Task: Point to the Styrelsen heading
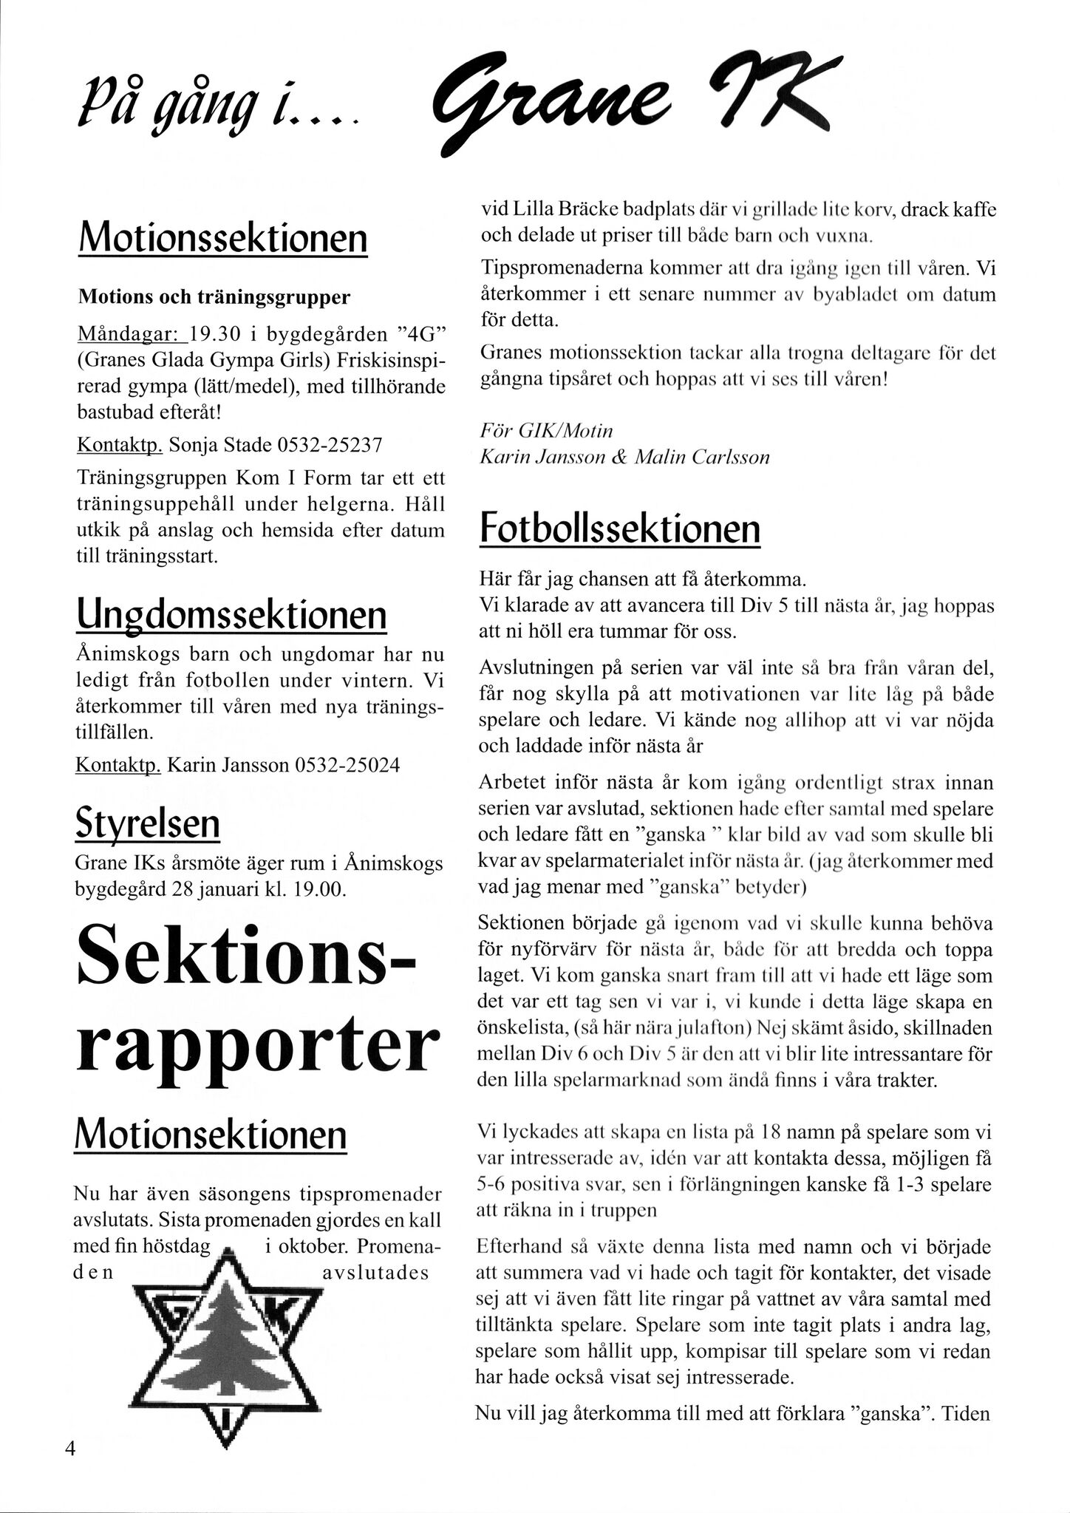point(148,825)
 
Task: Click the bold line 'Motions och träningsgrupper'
point(214,297)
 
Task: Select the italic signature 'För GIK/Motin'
point(546,430)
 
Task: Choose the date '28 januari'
point(222,889)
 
